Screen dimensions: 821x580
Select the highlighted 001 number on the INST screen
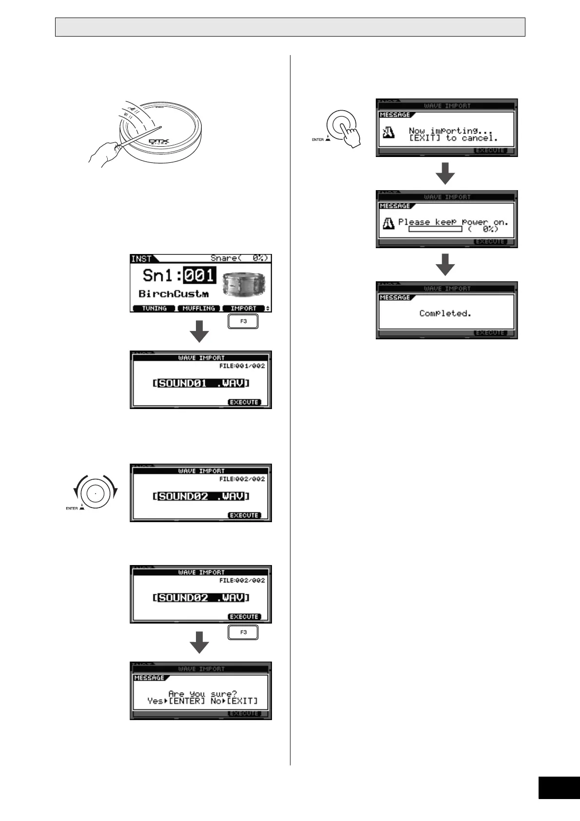(199, 276)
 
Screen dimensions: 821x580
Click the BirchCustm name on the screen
(174, 294)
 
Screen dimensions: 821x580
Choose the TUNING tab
(154, 309)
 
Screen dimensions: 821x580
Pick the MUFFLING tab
(198, 309)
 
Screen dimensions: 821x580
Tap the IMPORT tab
(243, 309)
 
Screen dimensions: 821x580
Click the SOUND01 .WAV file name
(201, 383)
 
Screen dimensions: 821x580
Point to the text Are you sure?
(202, 694)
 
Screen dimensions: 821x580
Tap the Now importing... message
(444, 131)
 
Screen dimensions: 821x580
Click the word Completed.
(445, 313)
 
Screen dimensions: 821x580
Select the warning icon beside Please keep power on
(388, 223)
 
